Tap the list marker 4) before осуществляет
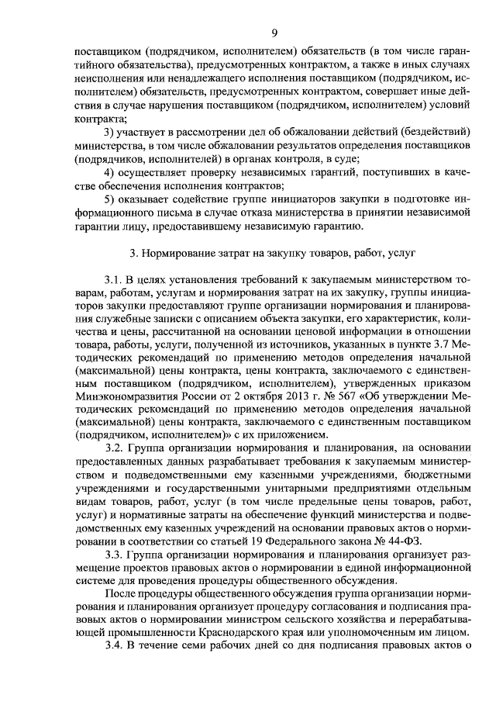pos(109,171)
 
